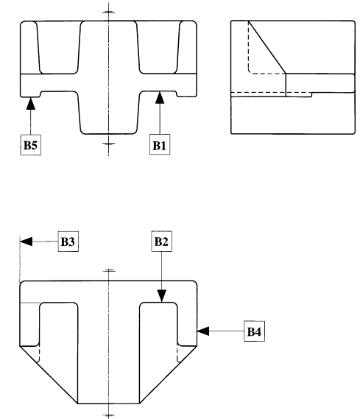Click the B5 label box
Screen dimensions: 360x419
[x=31, y=144]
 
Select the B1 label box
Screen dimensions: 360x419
[x=160, y=144]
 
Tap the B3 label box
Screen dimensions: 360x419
[x=68, y=242]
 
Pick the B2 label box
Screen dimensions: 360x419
[x=162, y=242]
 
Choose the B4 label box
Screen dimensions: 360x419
[x=255, y=331]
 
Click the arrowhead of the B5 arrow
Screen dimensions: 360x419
[x=31, y=103]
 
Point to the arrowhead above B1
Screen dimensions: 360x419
[x=160, y=97]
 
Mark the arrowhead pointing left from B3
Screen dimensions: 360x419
[x=27, y=242]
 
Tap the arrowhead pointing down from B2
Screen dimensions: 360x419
[x=162, y=296]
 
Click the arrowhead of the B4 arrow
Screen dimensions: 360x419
[x=203, y=331]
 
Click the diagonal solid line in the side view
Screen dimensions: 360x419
[x=267, y=47]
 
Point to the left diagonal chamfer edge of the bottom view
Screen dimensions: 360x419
[x=49, y=375]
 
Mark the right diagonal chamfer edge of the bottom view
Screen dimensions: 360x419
[x=169, y=375]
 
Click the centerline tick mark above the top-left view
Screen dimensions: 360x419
[x=109, y=12]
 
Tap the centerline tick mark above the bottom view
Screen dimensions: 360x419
[x=109, y=271]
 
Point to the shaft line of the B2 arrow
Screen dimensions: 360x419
[x=161, y=271]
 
